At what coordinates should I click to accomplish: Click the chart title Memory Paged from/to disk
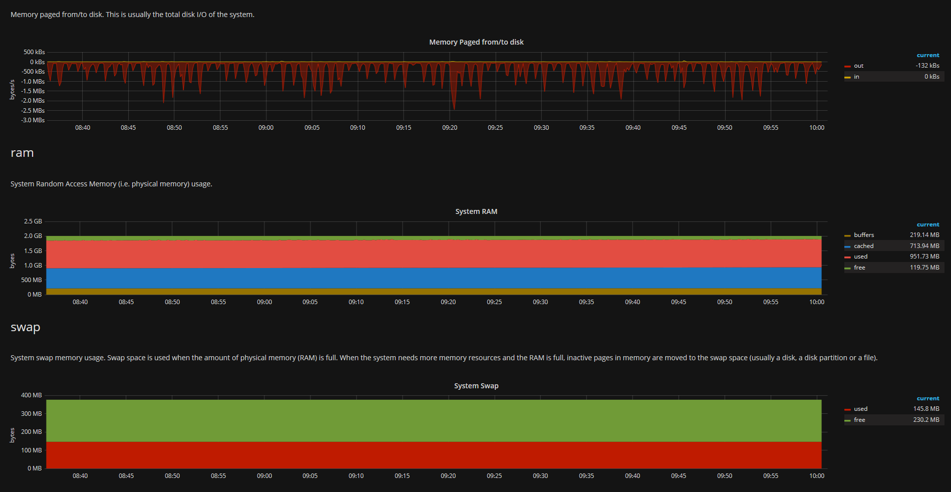point(476,42)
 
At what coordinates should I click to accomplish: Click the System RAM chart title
point(476,211)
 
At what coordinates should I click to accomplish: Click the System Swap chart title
point(476,386)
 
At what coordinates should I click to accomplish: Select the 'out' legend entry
point(858,66)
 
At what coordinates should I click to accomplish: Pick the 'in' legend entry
point(856,77)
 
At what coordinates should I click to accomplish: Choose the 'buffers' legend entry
point(863,235)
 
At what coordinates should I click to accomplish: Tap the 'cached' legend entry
point(863,246)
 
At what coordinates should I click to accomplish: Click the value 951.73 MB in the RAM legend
point(924,257)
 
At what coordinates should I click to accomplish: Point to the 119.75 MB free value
point(924,268)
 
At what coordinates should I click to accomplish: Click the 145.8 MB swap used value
point(926,409)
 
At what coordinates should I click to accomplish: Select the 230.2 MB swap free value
point(926,420)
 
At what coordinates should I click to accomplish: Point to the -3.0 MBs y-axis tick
point(33,120)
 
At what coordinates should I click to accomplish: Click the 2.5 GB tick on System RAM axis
point(33,221)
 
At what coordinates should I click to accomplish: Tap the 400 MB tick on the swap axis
point(32,395)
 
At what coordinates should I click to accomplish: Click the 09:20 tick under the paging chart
point(450,128)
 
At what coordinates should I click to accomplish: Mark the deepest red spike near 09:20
point(454,108)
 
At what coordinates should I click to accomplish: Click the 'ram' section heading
point(22,153)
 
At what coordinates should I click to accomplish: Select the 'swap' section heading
point(26,327)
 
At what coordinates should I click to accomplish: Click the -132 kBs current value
point(927,66)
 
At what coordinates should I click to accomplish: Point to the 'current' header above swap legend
point(928,399)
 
